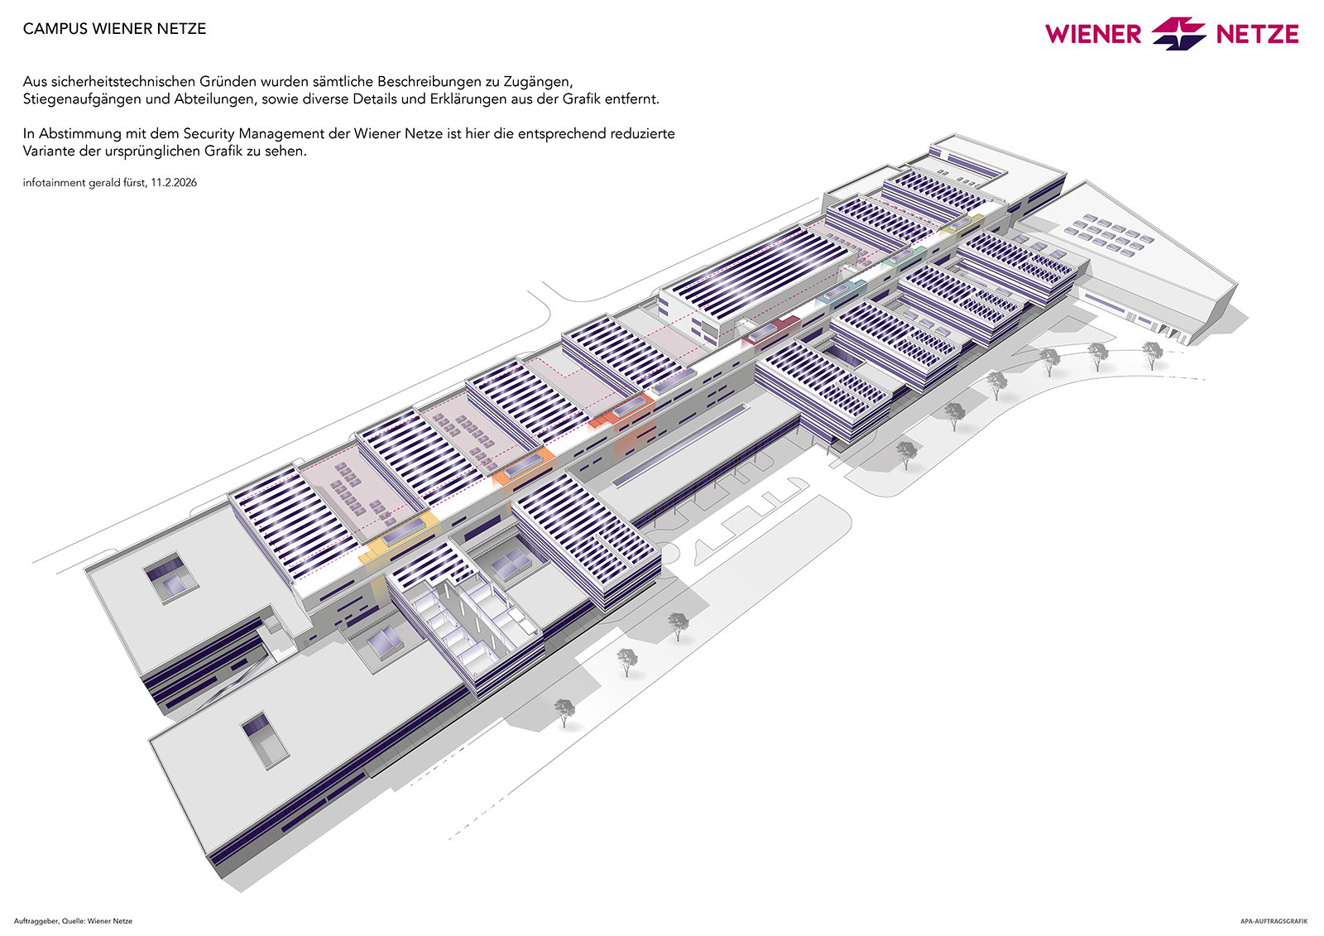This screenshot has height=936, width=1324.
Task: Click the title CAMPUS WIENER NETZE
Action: tap(114, 29)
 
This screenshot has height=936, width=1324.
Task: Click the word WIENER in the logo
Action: tap(1092, 34)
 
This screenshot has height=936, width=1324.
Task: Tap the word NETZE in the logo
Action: tap(1256, 34)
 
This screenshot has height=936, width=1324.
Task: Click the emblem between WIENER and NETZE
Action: tap(1178, 34)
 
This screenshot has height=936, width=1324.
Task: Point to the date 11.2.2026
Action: tap(174, 183)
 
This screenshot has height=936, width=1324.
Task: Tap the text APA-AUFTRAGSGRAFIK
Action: tap(1274, 921)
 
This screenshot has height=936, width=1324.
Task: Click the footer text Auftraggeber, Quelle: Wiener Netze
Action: tap(73, 921)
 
